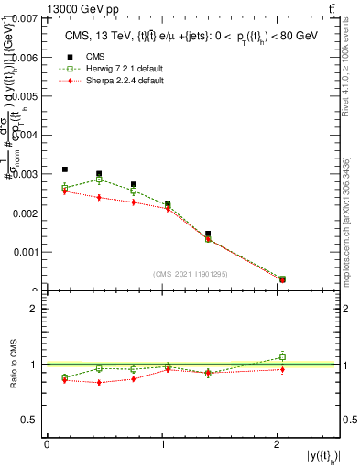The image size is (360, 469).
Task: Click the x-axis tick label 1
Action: pos(163,444)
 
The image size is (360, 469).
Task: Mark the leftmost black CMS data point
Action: pos(65,169)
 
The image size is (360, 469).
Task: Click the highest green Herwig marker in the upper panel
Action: pos(99,180)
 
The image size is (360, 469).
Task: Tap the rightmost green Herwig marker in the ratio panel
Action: pos(282,357)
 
